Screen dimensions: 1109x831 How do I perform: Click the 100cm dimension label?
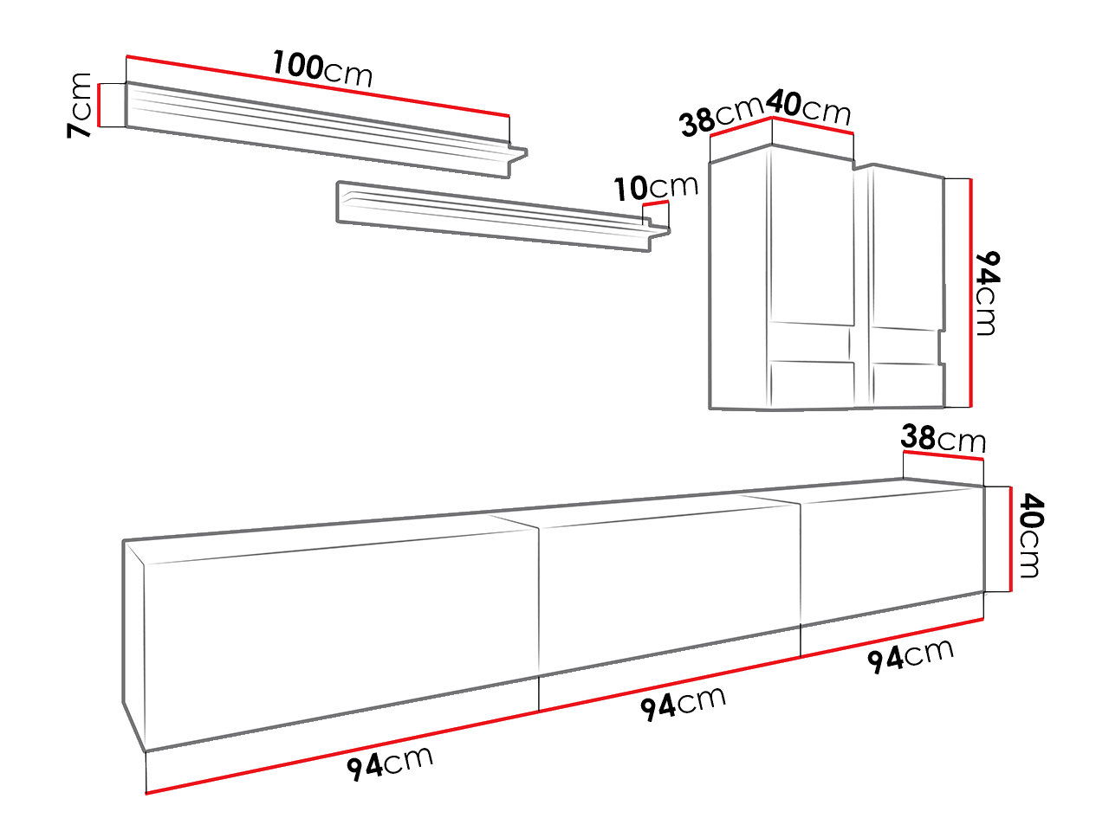pos(322,69)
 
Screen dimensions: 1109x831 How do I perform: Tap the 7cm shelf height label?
pos(80,105)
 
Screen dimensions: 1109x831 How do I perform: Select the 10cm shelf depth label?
pos(656,187)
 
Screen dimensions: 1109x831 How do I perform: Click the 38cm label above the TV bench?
pos(943,439)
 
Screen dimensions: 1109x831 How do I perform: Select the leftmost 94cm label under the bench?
pos(390,764)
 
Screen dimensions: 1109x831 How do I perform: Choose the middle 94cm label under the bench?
pos(683,704)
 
